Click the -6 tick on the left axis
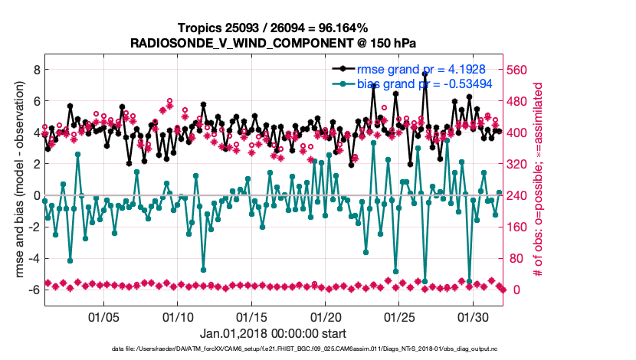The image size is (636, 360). (34, 290)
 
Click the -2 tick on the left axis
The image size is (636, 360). (34, 227)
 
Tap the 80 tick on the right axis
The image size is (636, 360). (517, 258)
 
